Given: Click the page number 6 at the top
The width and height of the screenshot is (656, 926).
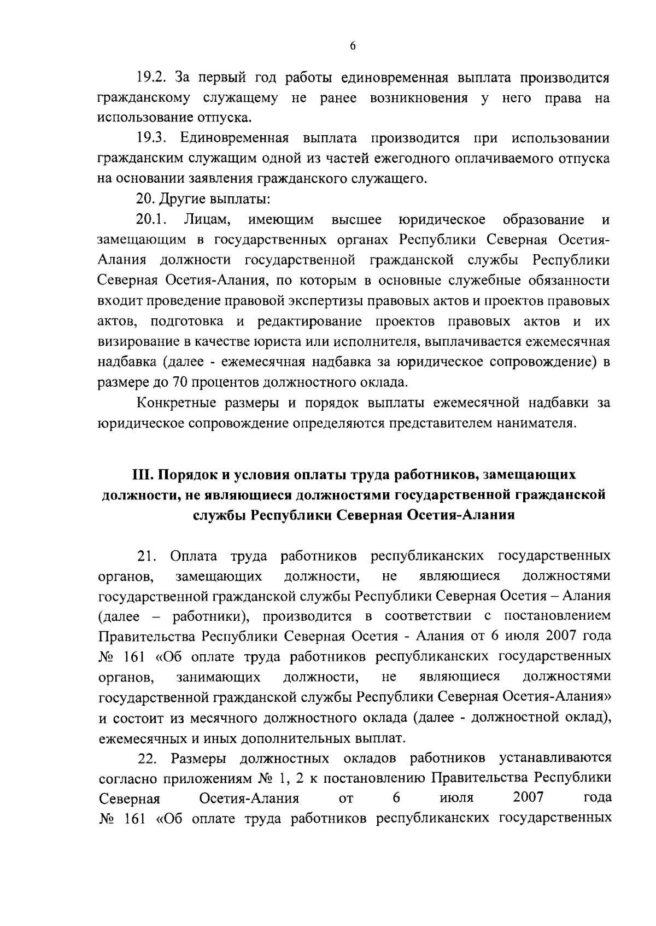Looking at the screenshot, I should click(353, 46).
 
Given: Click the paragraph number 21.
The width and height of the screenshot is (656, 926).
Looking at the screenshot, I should click(147, 556).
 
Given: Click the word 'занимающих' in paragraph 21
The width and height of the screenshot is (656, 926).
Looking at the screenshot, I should click(218, 678).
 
